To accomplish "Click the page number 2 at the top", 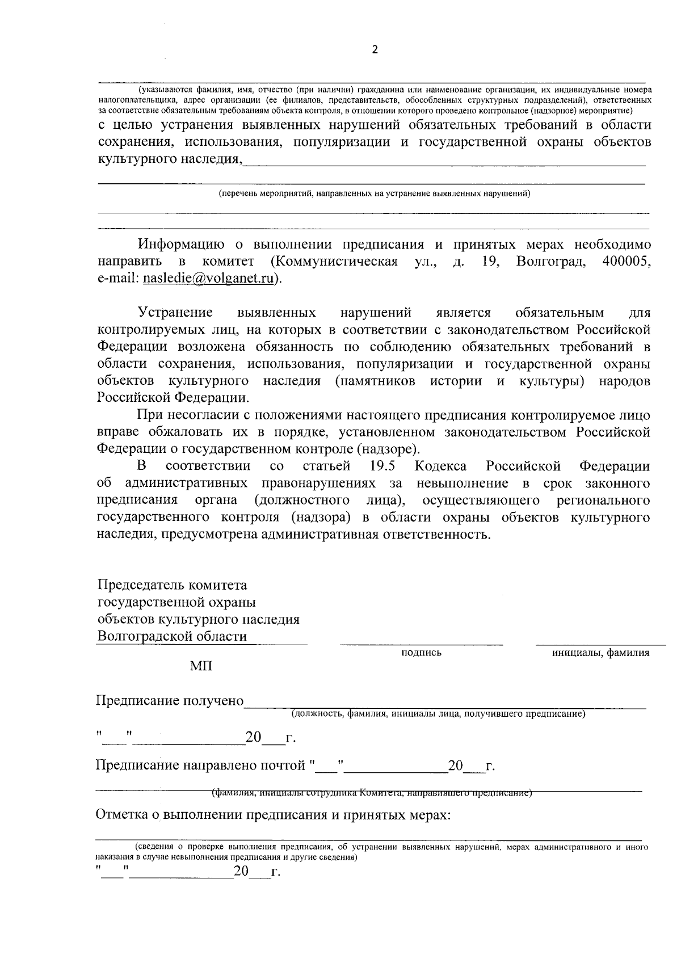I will point(375,49).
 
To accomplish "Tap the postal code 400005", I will point(626,261).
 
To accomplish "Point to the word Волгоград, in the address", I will point(551,261).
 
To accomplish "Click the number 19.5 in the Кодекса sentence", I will point(382,466).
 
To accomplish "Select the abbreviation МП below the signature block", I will point(201,666).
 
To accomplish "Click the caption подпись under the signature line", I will point(421,653).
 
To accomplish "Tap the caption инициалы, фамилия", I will point(601,653).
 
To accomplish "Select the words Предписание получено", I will point(170,701).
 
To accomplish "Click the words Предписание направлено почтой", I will point(201,766).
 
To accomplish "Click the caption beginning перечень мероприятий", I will point(375,194).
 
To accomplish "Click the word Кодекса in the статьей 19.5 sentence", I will point(441,466).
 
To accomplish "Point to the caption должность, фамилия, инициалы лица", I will point(438,714).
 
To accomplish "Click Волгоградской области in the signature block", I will point(172,636).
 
